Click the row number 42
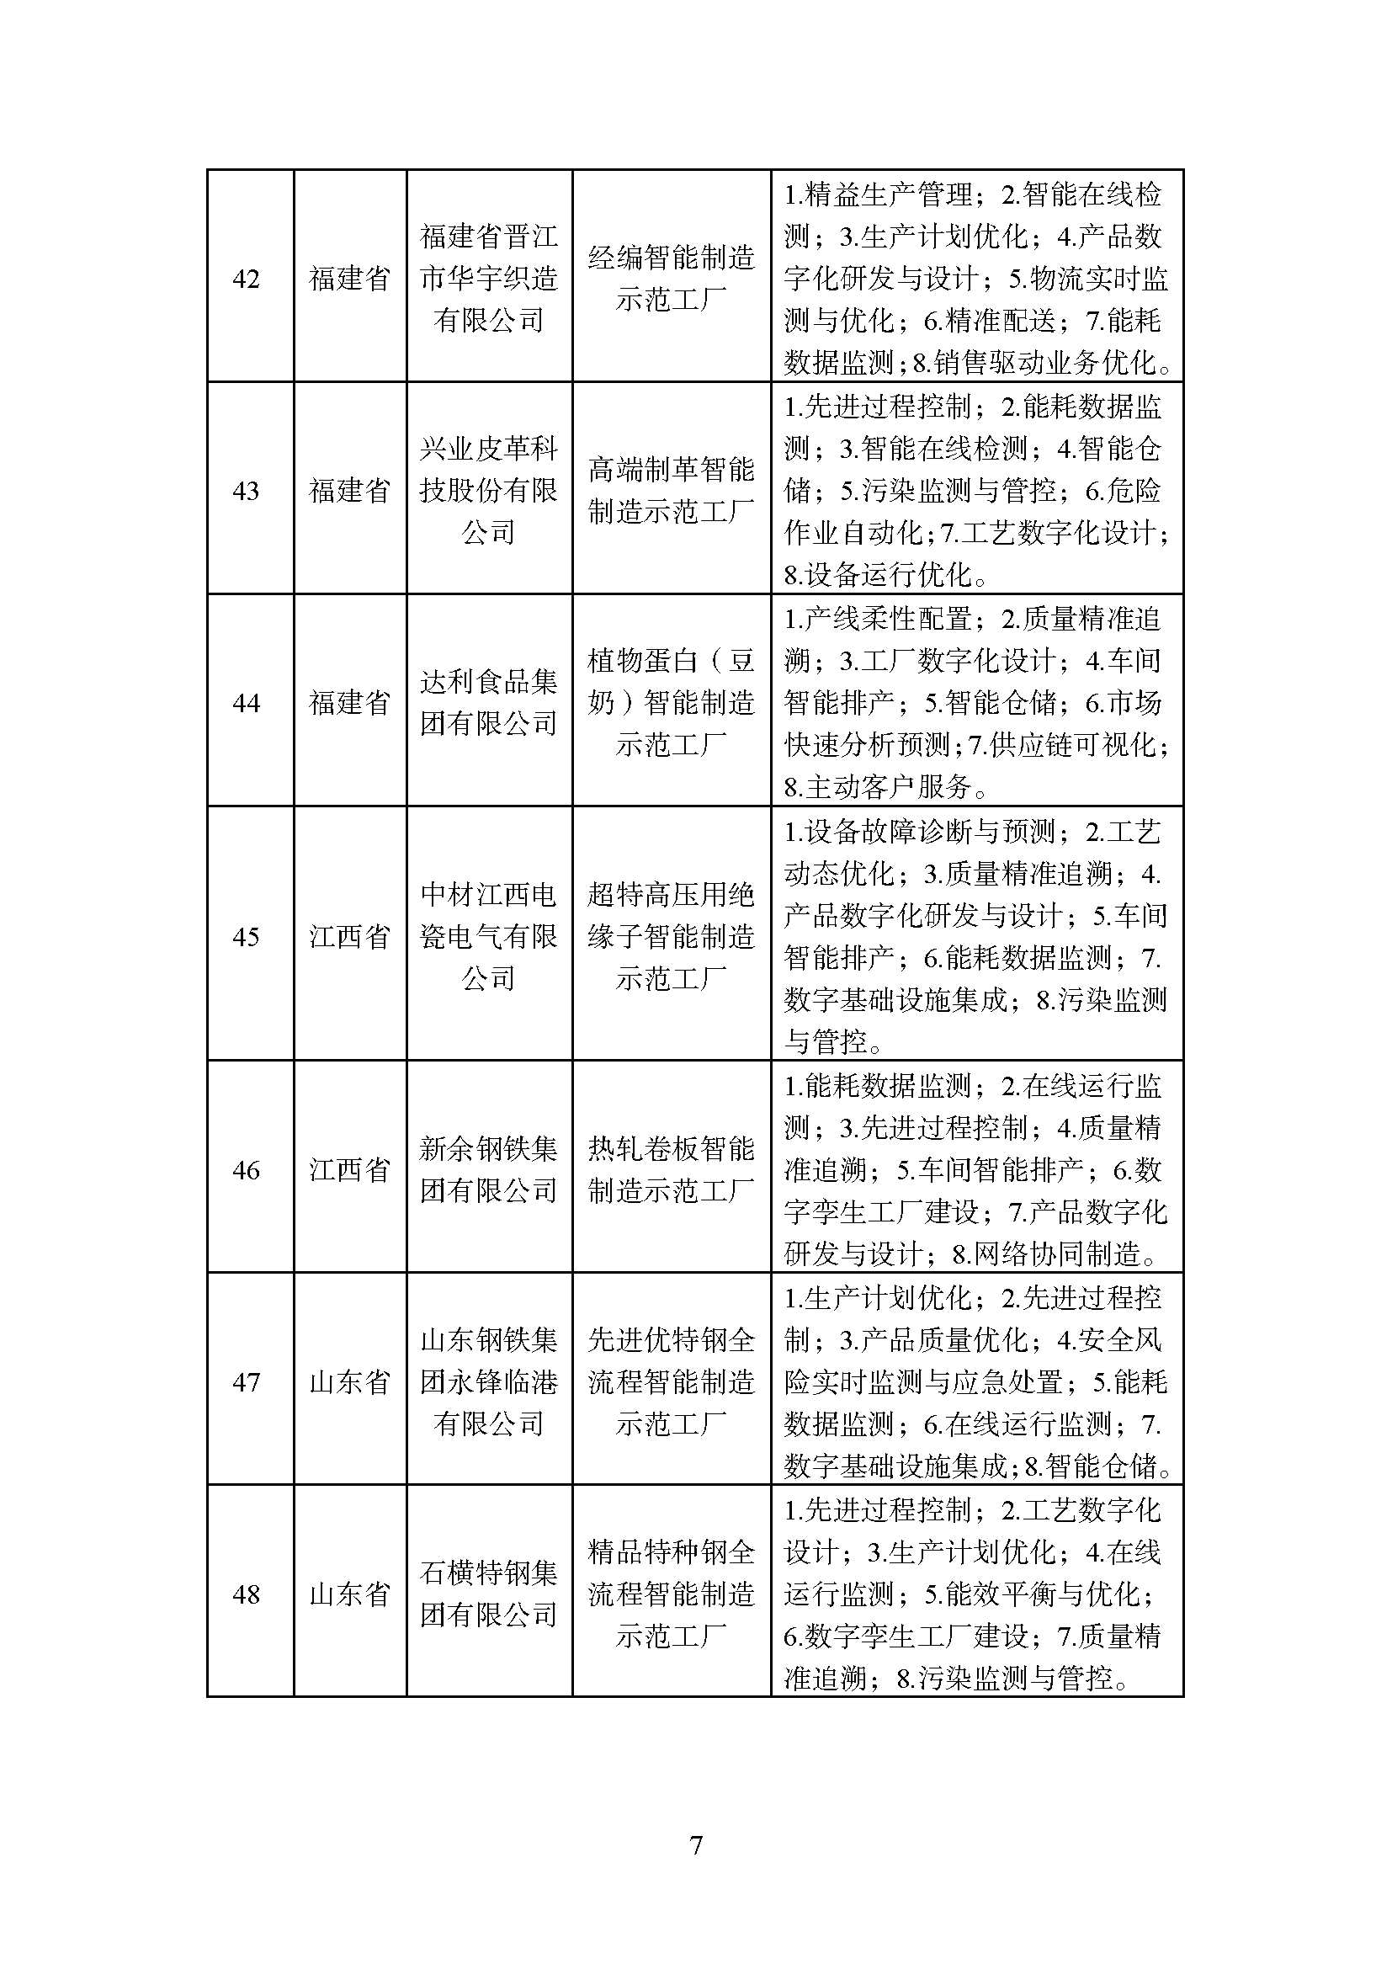pyautogui.click(x=246, y=279)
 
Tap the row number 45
pyautogui.click(x=246, y=936)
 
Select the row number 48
pyautogui.click(x=246, y=1594)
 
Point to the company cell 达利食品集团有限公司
pyautogui.click(x=489, y=702)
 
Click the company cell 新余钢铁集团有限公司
pyautogui.click(x=489, y=1170)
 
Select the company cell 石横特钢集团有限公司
pyautogui.click(x=489, y=1594)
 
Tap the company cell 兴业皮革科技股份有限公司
pyautogui.click(x=489, y=490)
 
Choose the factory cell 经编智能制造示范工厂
pyautogui.click(x=671, y=278)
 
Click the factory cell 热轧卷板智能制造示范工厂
pyautogui.click(x=671, y=1170)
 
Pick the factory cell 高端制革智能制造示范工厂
pyautogui.click(x=671, y=490)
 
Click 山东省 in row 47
pyautogui.click(x=350, y=1382)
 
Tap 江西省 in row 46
pyautogui.click(x=350, y=1170)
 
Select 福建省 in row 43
pyautogui.click(x=350, y=491)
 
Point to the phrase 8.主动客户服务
pyautogui.click(x=878, y=786)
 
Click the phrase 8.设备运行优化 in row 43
pyautogui.click(x=878, y=575)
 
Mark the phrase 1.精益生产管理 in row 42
pyautogui.click(x=878, y=194)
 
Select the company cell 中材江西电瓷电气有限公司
pyautogui.click(x=489, y=936)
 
